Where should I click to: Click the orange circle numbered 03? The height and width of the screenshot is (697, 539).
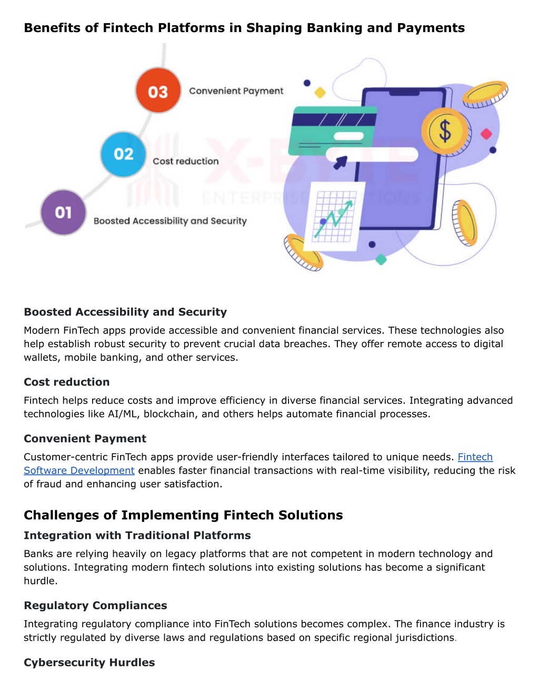tap(158, 90)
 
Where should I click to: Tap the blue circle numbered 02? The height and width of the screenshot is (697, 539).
tap(123, 154)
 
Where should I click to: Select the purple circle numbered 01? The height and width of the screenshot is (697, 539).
tap(64, 213)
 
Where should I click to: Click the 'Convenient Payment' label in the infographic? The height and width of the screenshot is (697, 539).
tap(236, 91)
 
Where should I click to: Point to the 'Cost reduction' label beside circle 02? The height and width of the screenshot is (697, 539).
tap(185, 161)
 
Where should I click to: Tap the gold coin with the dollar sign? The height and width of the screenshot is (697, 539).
tap(445, 131)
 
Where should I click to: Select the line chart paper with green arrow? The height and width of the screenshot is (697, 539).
tap(334, 216)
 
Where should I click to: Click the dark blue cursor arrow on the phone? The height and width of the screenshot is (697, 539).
tap(341, 163)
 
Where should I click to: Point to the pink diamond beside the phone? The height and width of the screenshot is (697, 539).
tap(486, 134)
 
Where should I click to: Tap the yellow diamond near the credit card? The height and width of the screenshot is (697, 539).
tap(320, 93)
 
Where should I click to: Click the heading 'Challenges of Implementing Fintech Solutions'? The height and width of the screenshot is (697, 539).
tap(183, 515)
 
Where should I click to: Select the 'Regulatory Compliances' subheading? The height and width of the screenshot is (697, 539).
tap(95, 605)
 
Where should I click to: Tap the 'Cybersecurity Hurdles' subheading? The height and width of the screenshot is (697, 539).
tap(89, 662)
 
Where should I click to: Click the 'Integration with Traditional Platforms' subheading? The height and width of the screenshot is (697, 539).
tap(137, 536)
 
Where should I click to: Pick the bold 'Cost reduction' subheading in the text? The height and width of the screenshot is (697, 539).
tap(67, 382)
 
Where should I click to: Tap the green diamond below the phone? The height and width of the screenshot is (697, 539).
tap(381, 259)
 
